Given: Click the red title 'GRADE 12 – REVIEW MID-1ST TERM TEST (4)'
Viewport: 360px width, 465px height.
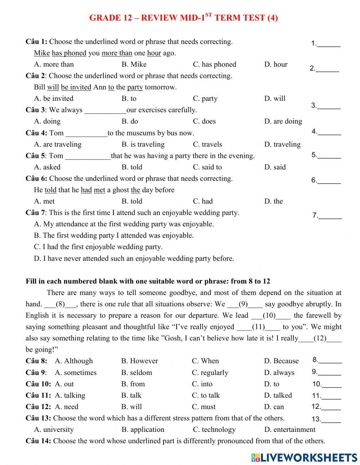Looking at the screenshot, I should pyautogui.click(x=183, y=18).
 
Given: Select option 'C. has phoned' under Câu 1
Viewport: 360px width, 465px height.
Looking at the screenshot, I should pyautogui.click(x=214, y=64).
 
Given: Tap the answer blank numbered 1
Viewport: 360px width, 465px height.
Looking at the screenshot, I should pyautogui.click(x=329, y=44).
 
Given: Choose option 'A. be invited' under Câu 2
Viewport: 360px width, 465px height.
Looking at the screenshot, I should pyautogui.click(x=54, y=99).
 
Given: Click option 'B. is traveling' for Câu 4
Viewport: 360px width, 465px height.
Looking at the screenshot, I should pyautogui.click(x=143, y=144).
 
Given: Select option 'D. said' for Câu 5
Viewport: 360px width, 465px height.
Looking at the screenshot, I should pyautogui.click(x=275, y=167).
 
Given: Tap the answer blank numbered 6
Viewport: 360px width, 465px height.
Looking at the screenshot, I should pyautogui.click(x=329, y=180).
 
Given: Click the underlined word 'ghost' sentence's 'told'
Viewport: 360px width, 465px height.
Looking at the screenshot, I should pyautogui.click(x=50, y=190).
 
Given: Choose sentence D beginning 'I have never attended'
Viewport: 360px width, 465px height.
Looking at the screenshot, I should pyautogui.click(x=134, y=259).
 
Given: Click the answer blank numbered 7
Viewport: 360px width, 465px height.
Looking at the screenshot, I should pyautogui.click(x=330, y=216).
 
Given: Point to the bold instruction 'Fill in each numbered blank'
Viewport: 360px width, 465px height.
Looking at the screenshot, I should pyautogui.click(x=148, y=281).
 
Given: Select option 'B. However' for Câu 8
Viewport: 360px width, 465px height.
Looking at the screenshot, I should pyautogui.click(x=139, y=361).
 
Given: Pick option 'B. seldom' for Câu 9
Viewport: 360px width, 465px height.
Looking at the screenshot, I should pyautogui.click(x=136, y=373).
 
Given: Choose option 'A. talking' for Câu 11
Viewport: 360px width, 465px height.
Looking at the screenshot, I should pyautogui.click(x=70, y=395).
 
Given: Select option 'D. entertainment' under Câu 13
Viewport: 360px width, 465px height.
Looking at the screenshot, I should pyautogui.click(x=289, y=430).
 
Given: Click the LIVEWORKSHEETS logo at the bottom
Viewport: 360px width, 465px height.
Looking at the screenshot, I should pyautogui.click(x=304, y=457).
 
